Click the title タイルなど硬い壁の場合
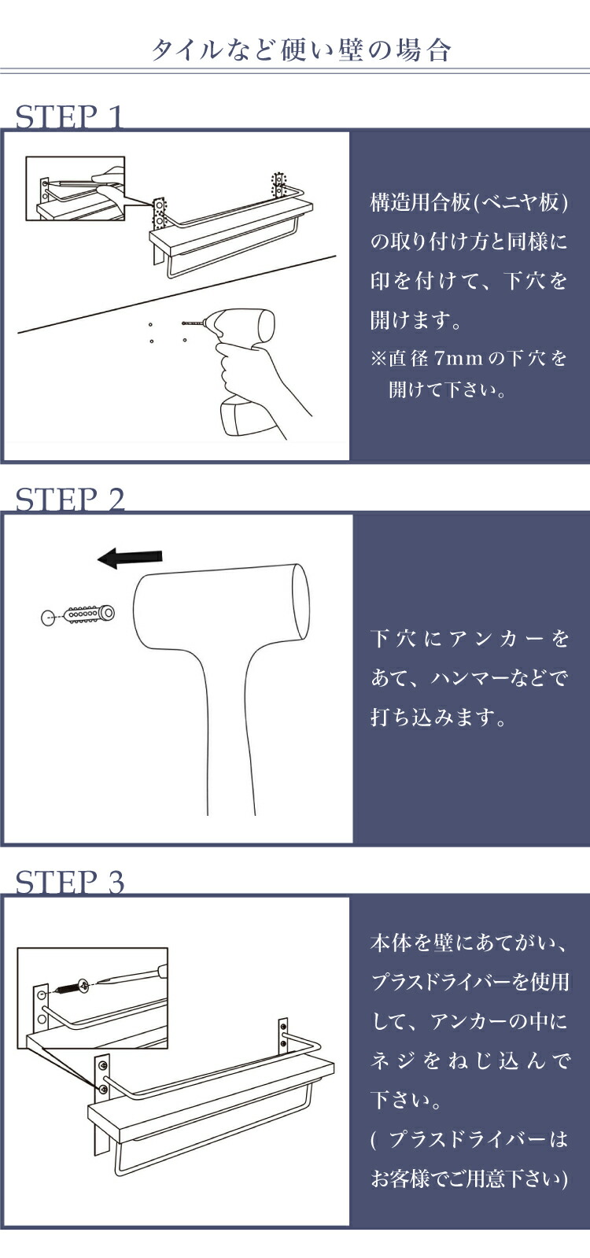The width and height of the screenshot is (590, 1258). click(x=301, y=50)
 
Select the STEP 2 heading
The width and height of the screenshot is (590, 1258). click(x=69, y=499)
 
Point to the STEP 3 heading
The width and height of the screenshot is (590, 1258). click(x=69, y=881)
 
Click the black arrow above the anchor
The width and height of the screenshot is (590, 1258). click(x=130, y=558)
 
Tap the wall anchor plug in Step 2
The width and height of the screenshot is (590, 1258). click(x=90, y=614)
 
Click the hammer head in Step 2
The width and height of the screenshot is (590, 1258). click(x=221, y=610)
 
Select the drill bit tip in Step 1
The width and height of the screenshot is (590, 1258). click(x=183, y=323)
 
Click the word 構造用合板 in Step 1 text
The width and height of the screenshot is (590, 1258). click(x=420, y=203)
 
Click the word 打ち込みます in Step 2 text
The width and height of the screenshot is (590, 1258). click(x=432, y=718)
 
